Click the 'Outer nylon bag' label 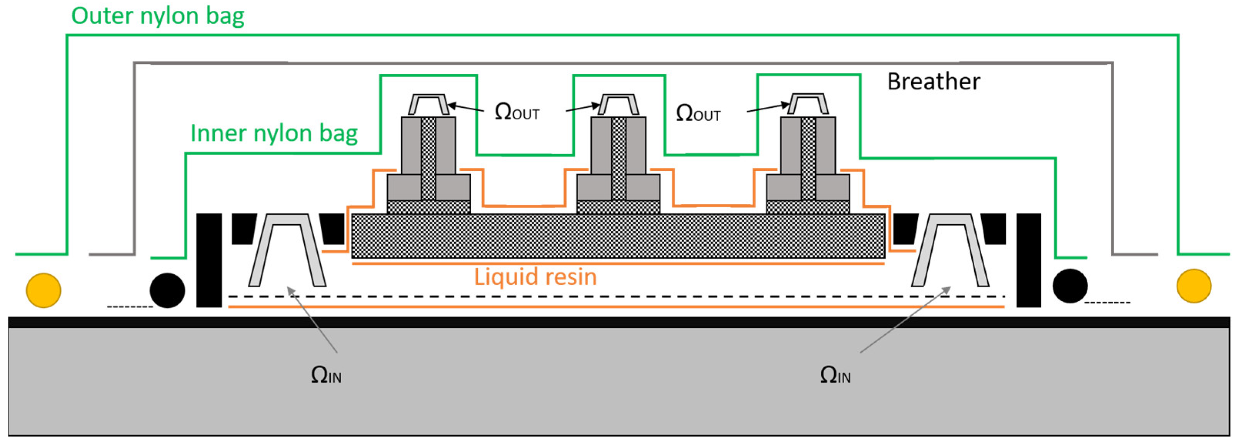158,16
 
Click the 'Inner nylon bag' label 274,133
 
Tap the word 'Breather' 933,82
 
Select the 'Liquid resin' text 535,277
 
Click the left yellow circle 43,290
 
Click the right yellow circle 1194,286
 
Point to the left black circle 167,290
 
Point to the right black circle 1070,286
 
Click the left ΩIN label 326,375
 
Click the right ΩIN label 835,375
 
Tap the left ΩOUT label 517,112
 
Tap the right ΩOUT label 698,113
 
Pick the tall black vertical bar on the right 1028,260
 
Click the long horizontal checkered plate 618,236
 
